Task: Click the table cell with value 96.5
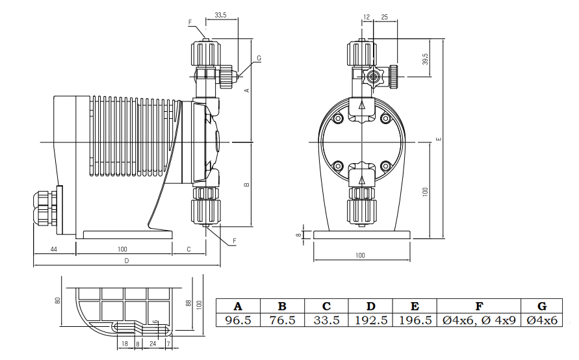pos(238,320)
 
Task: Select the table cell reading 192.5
pos(371,320)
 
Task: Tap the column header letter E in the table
pos(415,306)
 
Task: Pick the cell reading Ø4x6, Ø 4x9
pos(479,320)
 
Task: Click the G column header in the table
pos(542,306)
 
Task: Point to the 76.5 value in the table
pos(283,320)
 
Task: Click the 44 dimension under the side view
pos(53,250)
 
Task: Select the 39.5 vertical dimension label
pos(425,59)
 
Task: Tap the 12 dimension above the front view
pos(367,17)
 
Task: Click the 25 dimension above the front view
pos(385,17)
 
